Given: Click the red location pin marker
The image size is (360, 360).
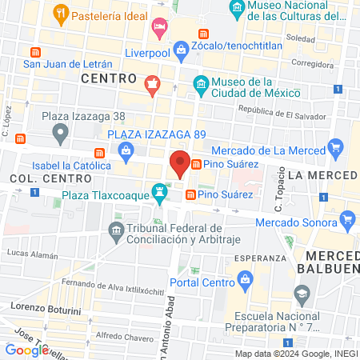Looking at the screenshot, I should (x=180, y=164).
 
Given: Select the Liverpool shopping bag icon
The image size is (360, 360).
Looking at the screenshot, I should (x=182, y=50).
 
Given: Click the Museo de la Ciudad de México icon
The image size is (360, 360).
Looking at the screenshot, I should (x=202, y=83).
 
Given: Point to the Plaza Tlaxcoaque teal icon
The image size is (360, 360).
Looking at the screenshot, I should (x=161, y=192).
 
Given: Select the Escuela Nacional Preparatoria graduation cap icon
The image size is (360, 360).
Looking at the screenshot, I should (x=302, y=294).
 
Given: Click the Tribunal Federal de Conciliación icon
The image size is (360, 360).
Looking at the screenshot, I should (x=115, y=231).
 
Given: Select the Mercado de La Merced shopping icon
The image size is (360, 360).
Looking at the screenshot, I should (x=337, y=149).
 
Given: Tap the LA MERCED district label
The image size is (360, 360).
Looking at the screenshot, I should (x=322, y=174).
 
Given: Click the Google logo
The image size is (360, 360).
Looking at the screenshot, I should (x=26, y=350).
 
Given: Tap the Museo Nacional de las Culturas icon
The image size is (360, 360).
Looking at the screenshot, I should (x=236, y=10).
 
